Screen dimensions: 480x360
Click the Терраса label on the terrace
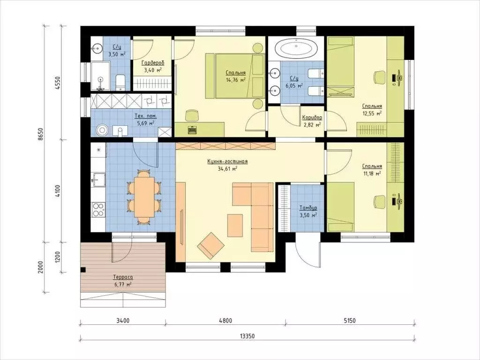point(123,277)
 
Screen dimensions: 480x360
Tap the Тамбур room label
point(308,208)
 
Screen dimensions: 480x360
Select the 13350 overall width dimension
point(247,336)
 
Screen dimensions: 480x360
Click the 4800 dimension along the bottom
point(225,321)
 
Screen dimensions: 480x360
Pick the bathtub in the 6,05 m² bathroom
point(296,48)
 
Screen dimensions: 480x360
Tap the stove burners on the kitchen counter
point(98,210)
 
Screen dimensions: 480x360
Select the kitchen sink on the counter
point(98,180)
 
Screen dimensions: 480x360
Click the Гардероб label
point(153,63)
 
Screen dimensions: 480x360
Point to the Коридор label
point(312,117)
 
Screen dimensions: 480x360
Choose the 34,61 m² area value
point(227,169)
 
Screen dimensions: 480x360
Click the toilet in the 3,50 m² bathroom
point(120,82)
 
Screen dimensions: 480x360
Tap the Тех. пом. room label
point(146,116)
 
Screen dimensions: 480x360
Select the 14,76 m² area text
point(236,80)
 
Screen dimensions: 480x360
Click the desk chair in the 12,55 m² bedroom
point(379,77)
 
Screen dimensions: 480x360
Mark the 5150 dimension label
point(350,321)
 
